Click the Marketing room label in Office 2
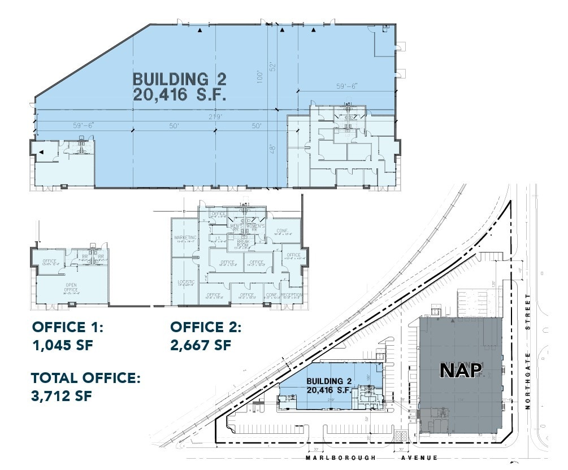pyautogui.click(x=185, y=238)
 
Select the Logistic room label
pyautogui.click(x=185, y=281)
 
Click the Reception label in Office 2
pyautogui.click(x=292, y=295)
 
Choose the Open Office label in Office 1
pyautogui.click(x=71, y=287)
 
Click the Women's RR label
pyautogui.click(x=255, y=227)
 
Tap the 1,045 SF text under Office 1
pyautogui.click(x=62, y=345)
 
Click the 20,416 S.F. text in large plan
pyautogui.click(x=180, y=94)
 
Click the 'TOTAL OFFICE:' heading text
pyautogui.click(x=85, y=378)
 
